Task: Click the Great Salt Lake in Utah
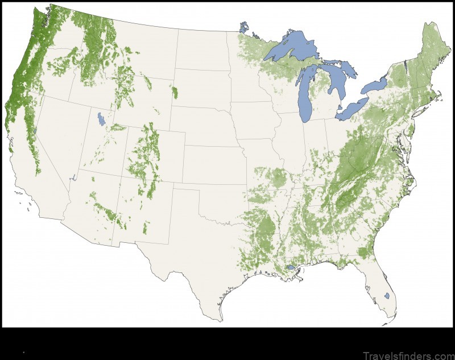click(101, 119)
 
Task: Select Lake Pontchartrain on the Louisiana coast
click(291, 267)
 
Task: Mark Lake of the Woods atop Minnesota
click(244, 27)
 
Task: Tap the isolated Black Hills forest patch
click(174, 91)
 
